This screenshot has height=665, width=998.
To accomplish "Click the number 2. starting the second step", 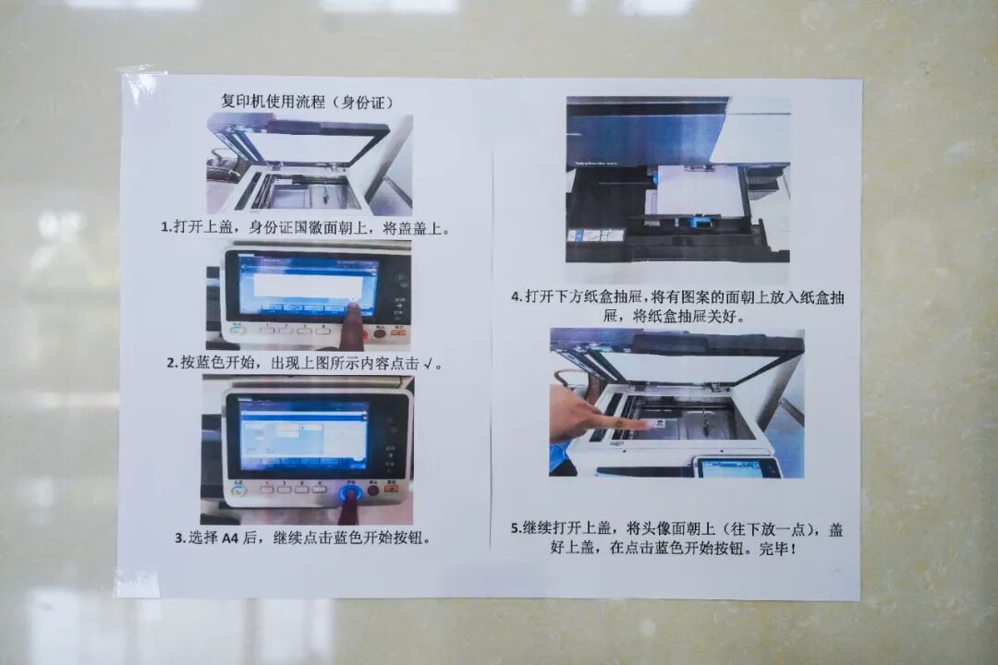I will [172, 363].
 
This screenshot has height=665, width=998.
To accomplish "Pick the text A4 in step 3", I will [231, 537].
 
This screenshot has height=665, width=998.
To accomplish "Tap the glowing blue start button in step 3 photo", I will [351, 492].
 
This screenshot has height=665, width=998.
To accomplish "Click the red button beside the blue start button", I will [374, 490].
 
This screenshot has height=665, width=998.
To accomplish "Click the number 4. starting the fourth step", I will [517, 297].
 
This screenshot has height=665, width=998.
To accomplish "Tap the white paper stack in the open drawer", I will [700, 190].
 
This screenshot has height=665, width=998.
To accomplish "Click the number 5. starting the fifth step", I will [516, 529].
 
